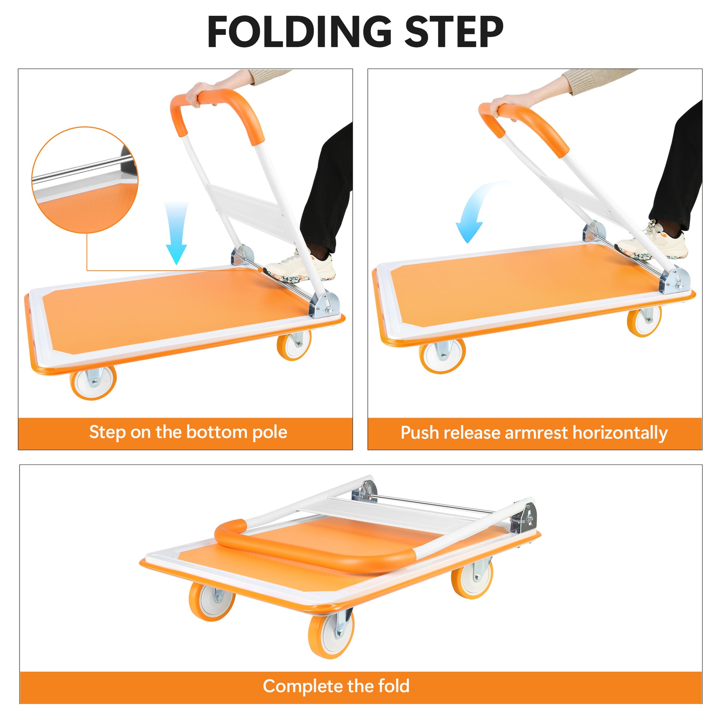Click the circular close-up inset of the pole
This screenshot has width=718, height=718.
pyautogui.click(x=85, y=180)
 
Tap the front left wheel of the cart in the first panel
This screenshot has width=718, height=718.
pyautogui.click(x=93, y=383)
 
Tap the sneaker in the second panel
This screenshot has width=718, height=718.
pyautogui.click(x=652, y=244)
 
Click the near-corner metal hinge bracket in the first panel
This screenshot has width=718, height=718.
pyautogui.click(x=325, y=305)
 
